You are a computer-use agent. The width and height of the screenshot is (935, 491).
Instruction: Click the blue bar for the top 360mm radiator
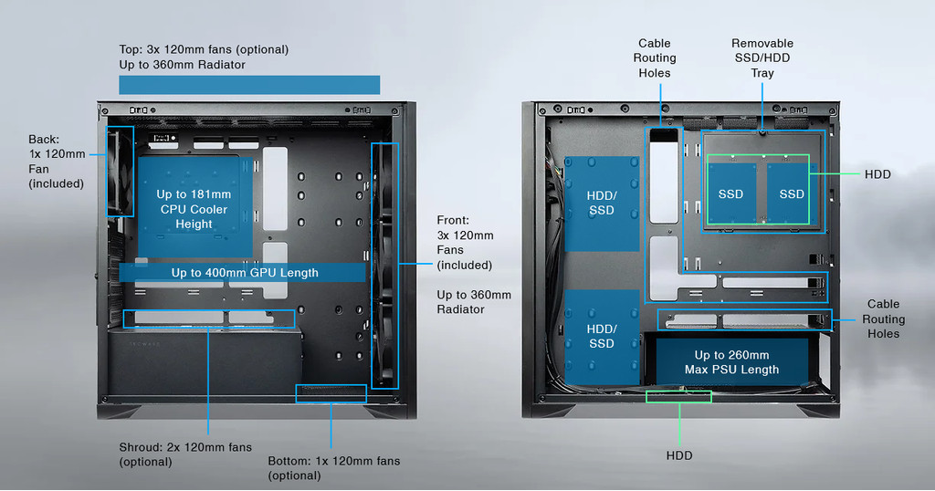[248, 85]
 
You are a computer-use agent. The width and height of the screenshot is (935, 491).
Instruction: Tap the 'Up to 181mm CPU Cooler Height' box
[194, 208]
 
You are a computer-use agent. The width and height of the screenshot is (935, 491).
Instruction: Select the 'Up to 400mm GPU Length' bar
[244, 272]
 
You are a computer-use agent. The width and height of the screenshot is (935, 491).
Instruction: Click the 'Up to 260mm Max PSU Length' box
[731, 362]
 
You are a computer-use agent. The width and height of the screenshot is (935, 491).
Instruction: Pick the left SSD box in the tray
[730, 193]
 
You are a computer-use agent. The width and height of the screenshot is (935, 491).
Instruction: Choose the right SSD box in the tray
[791, 193]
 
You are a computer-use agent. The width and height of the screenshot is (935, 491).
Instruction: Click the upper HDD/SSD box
[601, 203]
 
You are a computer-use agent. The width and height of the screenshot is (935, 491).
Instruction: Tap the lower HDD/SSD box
[601, 336]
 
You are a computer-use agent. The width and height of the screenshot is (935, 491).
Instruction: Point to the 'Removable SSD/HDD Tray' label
[762, 57]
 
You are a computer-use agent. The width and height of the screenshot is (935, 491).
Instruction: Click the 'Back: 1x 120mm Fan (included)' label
[57, 162]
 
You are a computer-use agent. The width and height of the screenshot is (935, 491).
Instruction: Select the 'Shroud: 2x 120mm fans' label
[184, 454]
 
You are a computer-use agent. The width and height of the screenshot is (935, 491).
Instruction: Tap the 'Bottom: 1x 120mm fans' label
[333, 467]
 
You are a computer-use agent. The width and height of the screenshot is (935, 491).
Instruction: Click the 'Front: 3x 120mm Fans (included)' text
[465, 243]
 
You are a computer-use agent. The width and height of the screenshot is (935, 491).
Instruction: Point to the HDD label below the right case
[678, 455]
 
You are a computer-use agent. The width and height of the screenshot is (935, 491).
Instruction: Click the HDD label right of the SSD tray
[877, 173]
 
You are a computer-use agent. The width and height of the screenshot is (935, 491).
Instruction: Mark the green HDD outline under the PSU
[678, 396]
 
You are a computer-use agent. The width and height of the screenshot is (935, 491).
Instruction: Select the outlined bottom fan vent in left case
[331, 393]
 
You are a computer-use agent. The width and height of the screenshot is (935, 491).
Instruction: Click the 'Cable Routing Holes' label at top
[654, 57]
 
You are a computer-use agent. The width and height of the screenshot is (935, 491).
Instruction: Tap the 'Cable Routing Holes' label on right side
[883, 319]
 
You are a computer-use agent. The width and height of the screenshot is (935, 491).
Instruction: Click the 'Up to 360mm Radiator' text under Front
[474, 302]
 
